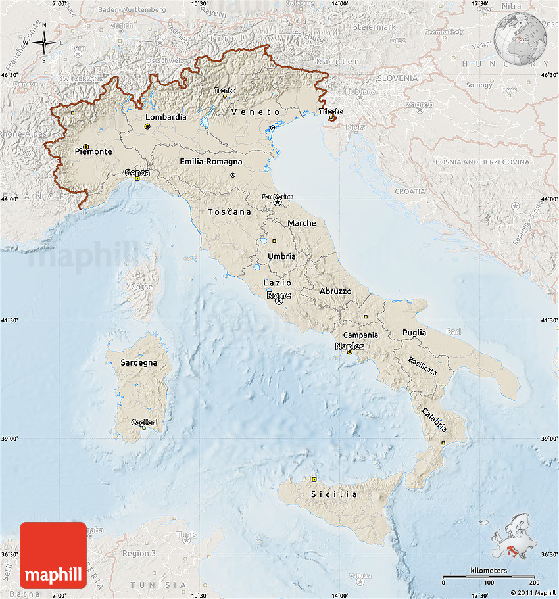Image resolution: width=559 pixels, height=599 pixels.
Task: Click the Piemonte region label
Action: pyautogui.click(x=93, y=151)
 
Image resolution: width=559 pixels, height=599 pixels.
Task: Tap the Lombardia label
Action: pyautogui.click(x=166, y=117)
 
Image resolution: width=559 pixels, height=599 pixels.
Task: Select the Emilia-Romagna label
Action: pyautogui.click(x=210, y=161)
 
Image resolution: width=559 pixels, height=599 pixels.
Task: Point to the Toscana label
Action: pyautogui.click(x=230, y=212)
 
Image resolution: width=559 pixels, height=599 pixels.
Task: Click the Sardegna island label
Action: pyautogui.click(x=139, y=362)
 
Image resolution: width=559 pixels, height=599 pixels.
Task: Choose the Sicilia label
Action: pyautogui.click(x=334, y=494)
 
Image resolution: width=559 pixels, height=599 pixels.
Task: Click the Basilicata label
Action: pyautogui.click(x=422, y=366)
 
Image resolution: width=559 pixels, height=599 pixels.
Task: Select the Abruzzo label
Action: pyautogui.click(x=335, y=291)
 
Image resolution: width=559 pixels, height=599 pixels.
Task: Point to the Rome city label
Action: pyautogui.click(x=279, y=295)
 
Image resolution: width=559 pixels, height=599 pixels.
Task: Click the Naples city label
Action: pyautogui.click(x=349, y=346)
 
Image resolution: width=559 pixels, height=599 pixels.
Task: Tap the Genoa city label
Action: pyautogui.click(x=137, y=173)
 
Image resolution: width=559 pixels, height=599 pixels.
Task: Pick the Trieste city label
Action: pyautogui.click(x=331, y=112)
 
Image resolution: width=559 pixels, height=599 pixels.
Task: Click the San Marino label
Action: pyautogui.click(x=277, y=196)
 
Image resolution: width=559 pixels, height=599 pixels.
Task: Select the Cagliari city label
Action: pyautogui.click(x=144, y=422)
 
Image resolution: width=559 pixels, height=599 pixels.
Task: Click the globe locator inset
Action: pyautogui.click(x=520, y=36)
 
